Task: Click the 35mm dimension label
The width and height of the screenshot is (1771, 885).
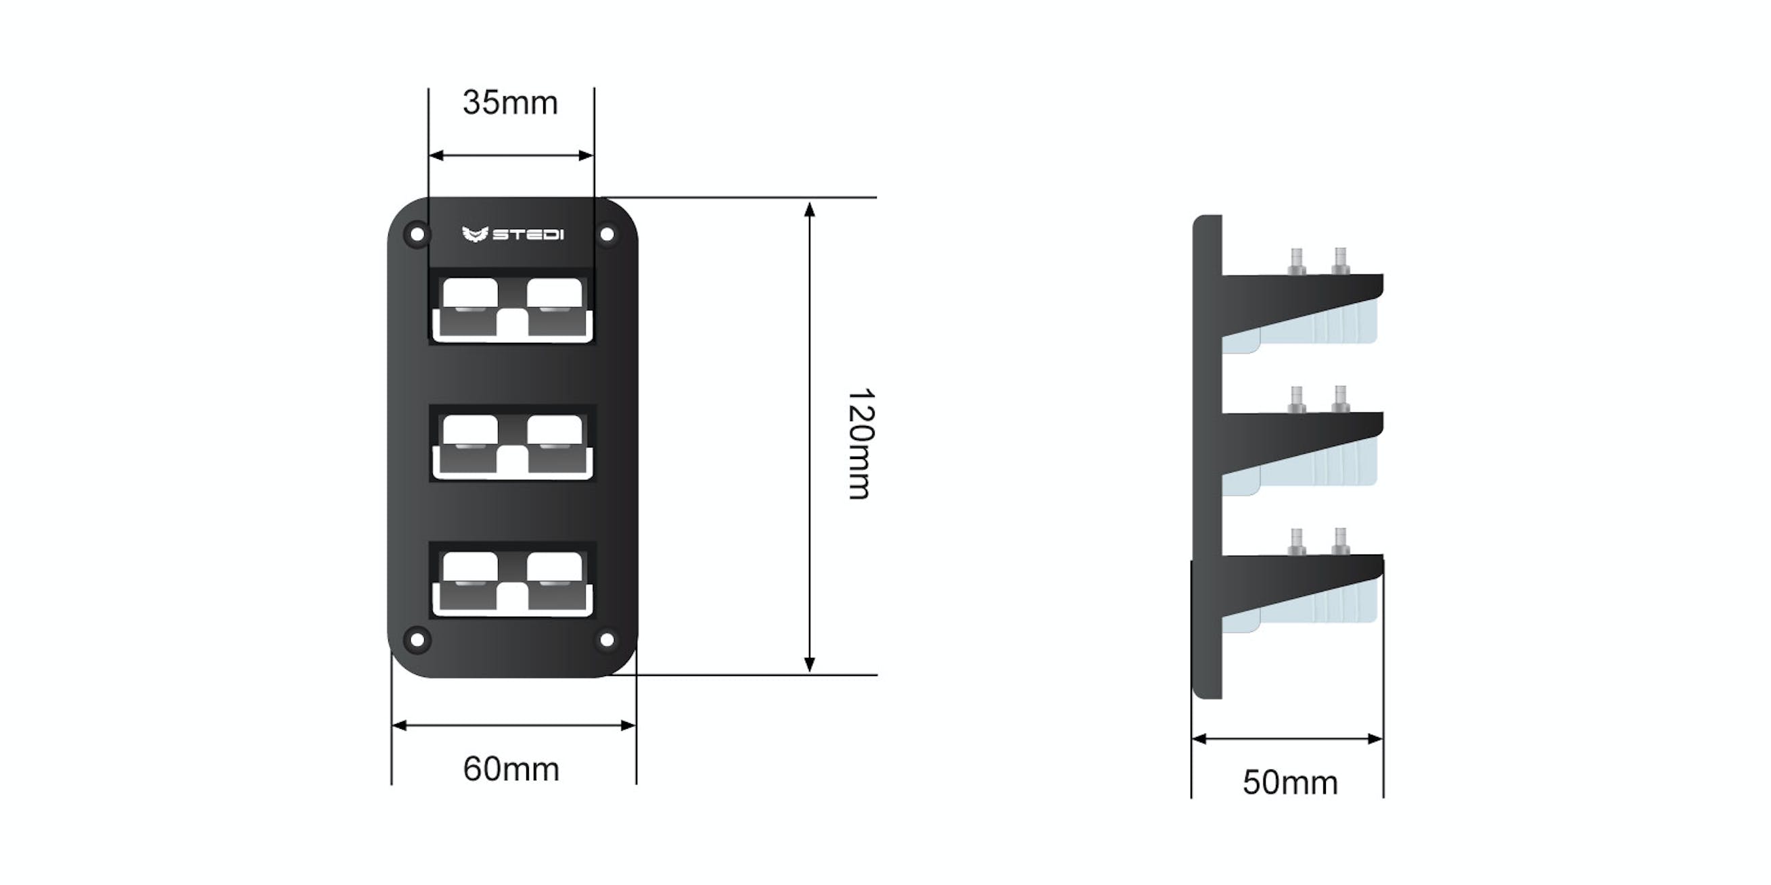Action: pyautogui.click(x=510, y=103)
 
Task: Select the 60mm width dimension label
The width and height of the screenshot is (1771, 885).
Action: pyautogui.click(x=511, y=769)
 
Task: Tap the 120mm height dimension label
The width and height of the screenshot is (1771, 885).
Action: pyautogui.click(x=859, y=444)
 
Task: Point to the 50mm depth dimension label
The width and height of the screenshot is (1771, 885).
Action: pyautogui.click(x=1290, y=783)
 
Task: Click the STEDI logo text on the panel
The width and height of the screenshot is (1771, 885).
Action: pyautogui.click(x=528, y=235)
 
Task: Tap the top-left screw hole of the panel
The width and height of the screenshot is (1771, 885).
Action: pyautogui.click(x=417, y=235)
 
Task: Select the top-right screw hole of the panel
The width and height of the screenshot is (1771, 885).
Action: pyautogui.click(x=606, y=235)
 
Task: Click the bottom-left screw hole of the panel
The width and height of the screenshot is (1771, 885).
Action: pyautogui.click(x=417, y=640)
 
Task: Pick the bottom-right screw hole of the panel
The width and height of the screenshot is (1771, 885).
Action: pyautogui.click(x=606, y=640)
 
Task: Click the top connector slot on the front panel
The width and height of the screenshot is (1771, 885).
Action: pyautogui.click(x=512, y=306)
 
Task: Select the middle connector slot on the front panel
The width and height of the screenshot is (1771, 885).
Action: pyautogui.click(x=512, y=444)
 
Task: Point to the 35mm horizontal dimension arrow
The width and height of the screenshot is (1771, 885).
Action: pyautogui.click(x=511, y=156)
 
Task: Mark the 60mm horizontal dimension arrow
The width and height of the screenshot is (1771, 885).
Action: pyautogui.click(x=513, y=725)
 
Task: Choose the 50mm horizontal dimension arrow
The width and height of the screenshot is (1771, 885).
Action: pyautogui.click(x=1287, y=740)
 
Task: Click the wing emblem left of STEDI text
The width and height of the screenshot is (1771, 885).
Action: pyautogui.click(x=475, y=235)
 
